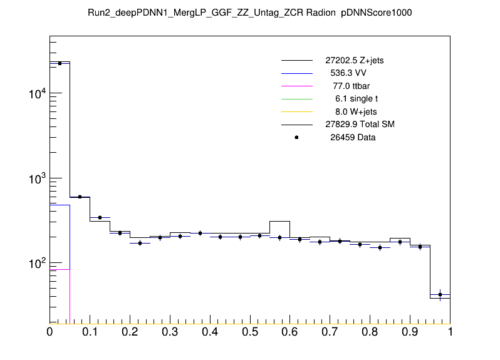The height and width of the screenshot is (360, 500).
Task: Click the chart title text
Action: pos(250,13)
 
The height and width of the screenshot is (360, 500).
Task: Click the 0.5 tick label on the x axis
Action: pos(250,332)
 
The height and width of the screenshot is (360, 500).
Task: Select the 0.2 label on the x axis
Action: pos(130,332)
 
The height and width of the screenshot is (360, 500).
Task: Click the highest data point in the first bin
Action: pos(60,63)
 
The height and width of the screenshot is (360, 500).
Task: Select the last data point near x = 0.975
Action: pos(440,294)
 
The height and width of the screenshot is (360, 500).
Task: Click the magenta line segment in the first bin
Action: pos(60,269)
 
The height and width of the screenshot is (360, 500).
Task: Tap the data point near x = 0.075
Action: pos(80,197)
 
